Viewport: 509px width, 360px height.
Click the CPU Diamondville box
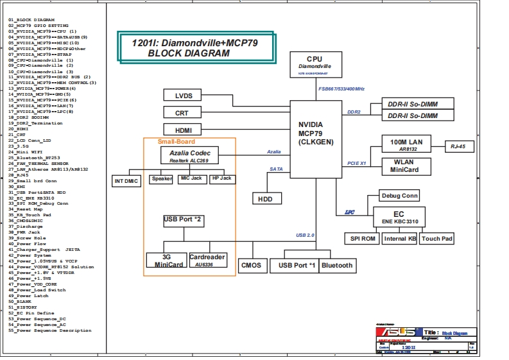click(315, 64)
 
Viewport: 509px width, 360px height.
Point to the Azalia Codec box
click(189, 155)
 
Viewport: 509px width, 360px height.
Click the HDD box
click(265, 199)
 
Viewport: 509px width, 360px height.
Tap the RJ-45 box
click(463, 146)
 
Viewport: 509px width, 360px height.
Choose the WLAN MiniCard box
click(406, 166)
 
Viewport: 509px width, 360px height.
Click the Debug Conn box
click(399, 196)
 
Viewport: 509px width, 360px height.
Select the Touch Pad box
click(437, 239)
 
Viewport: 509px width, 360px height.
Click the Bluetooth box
click(337, 265)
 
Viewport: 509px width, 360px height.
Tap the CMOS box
click(250, 265)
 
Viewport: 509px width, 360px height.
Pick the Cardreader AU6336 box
click(207, 260)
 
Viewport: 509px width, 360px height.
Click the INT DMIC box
click(126, 181)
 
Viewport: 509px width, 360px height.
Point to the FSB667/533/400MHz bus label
click(341, 89)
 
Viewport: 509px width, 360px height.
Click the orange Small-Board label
click(177, 141)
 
